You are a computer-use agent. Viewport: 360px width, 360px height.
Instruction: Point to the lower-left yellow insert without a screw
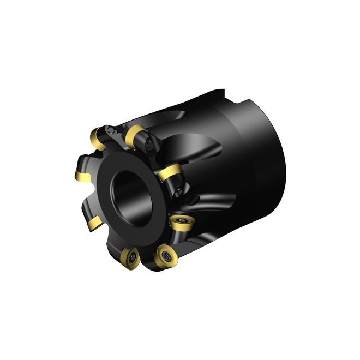(94, 223)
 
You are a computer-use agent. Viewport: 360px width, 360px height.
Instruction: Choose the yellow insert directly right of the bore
(171, 175)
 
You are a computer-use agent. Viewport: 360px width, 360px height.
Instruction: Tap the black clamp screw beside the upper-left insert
(112, 130)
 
